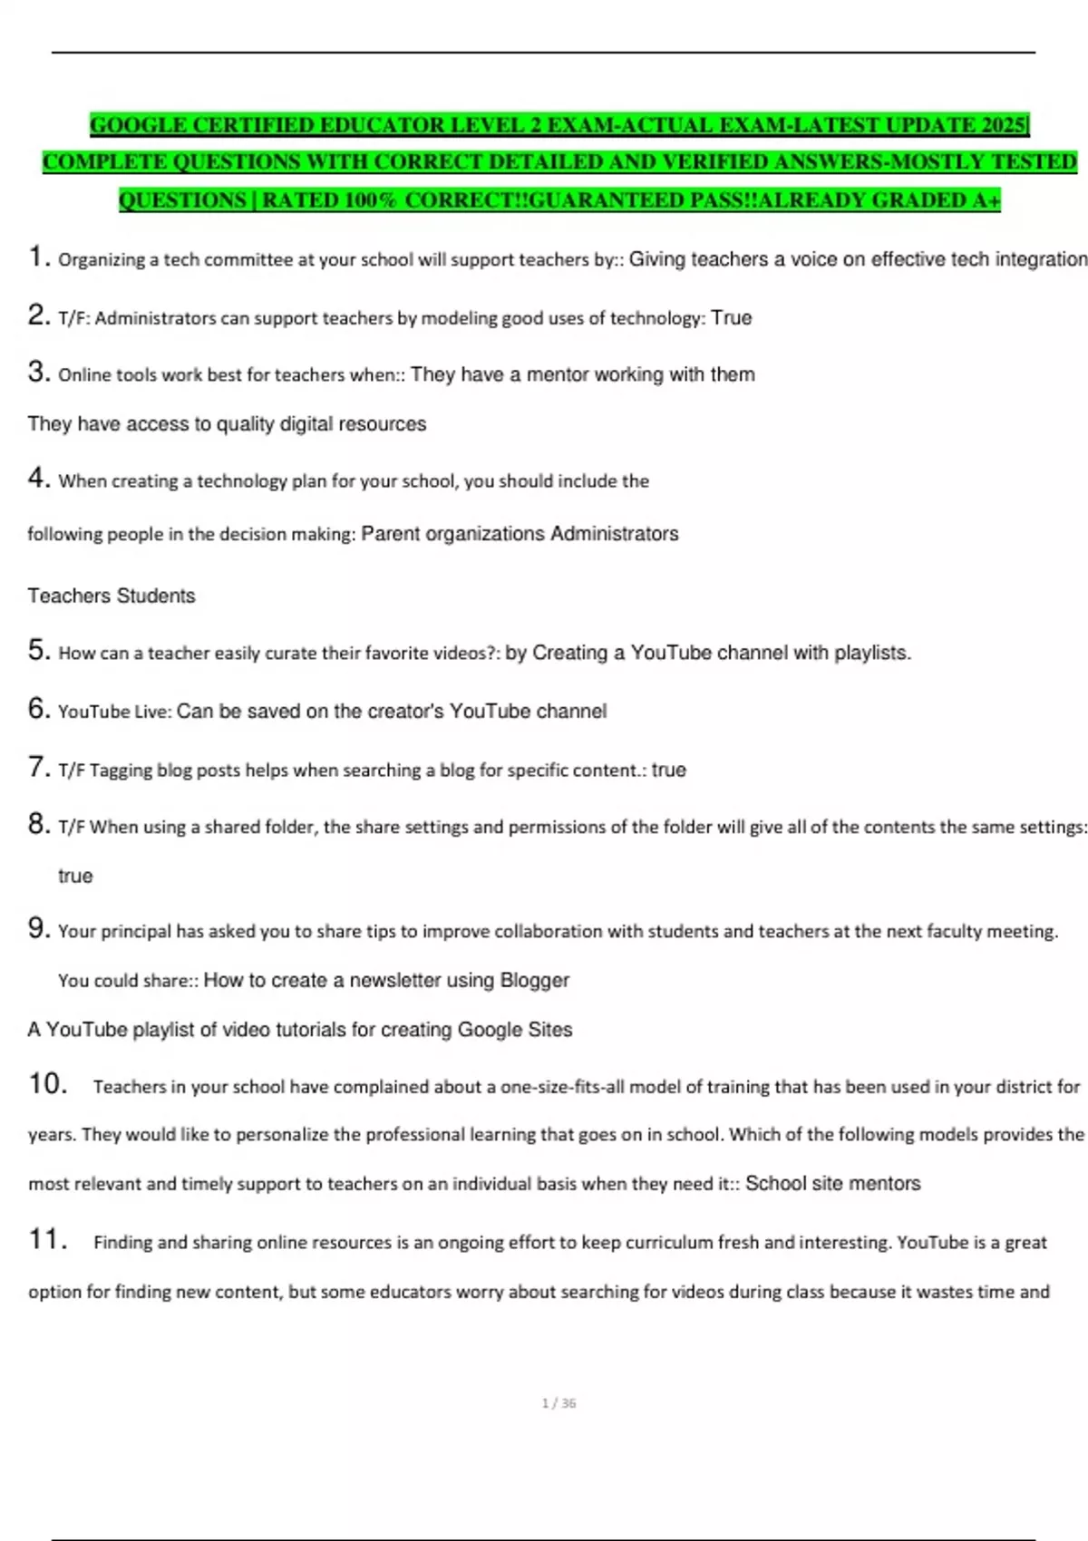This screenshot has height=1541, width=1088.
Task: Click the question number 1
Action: (38, 257)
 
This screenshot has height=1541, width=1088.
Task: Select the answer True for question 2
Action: (732, 318)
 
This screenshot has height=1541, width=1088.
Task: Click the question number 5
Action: (38, 651)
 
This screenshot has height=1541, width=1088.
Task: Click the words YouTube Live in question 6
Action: (114, 712)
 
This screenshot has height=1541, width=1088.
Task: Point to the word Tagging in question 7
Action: (121, 770)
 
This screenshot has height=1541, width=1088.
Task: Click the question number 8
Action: (38, 825)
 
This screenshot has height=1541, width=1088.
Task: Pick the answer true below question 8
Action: (75, 877)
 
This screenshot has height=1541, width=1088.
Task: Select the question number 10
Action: (48, 1084)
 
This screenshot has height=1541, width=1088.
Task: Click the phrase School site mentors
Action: (832, 1184)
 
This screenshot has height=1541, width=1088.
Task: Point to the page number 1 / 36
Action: (559, 1403)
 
